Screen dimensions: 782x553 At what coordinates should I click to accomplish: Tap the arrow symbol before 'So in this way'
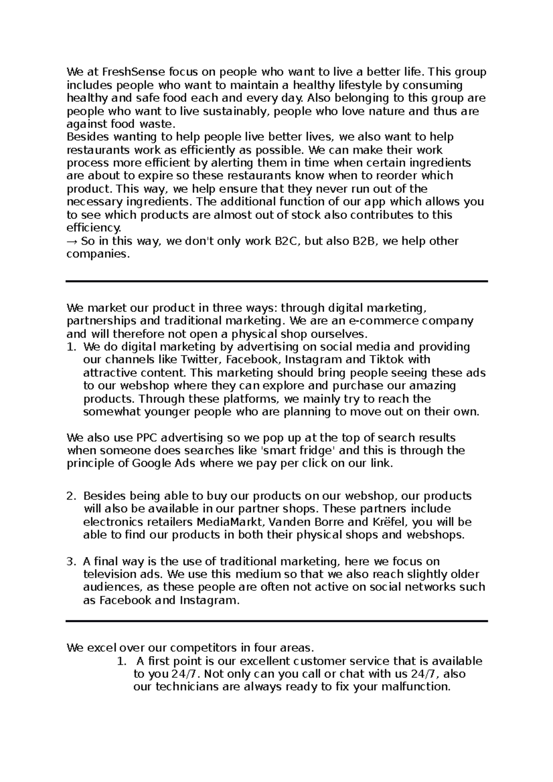coord(72,241)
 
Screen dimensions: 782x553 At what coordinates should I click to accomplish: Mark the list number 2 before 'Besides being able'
coord(71,496)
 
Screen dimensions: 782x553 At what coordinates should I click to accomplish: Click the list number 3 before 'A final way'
coord(71,561)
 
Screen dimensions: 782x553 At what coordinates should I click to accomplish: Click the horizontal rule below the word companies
coord(276,281)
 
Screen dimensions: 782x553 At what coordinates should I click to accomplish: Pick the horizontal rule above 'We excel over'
coord(276,621)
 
